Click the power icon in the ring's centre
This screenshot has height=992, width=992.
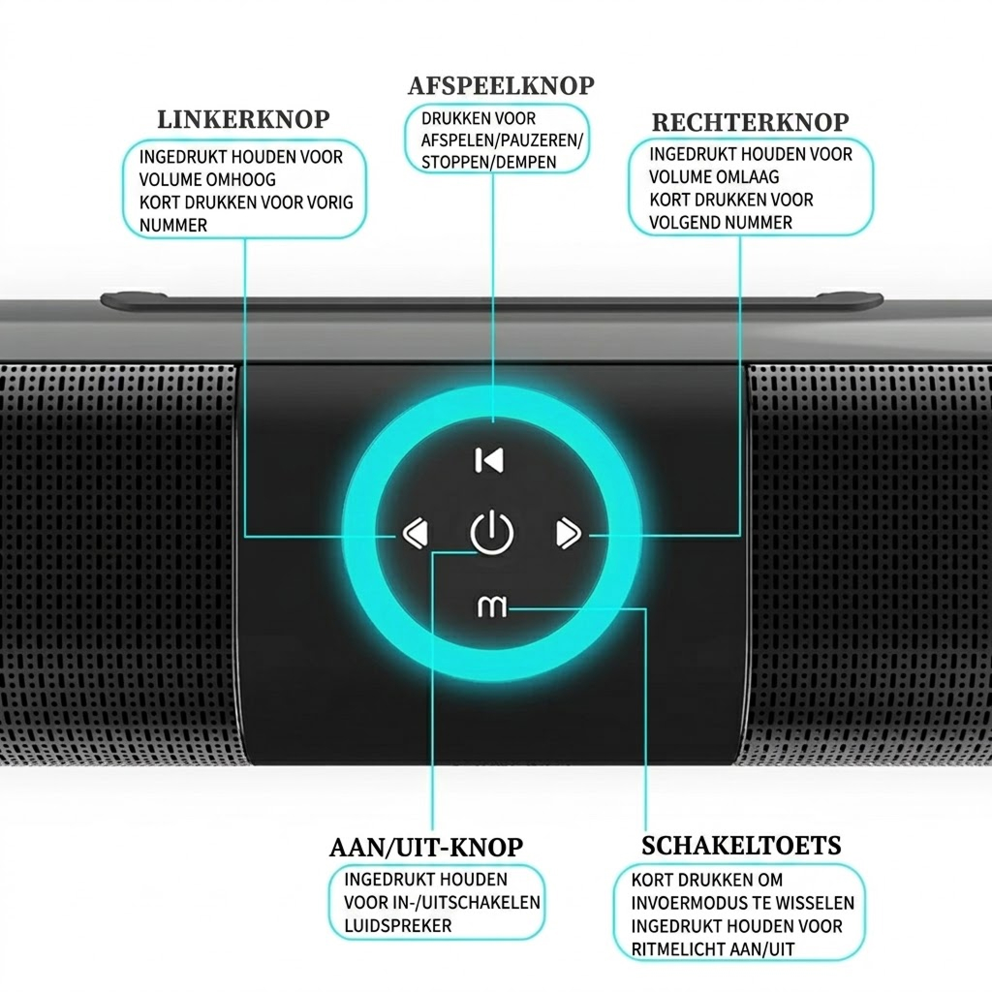coord(491,534)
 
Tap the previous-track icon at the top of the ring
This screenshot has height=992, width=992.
coord(489,460)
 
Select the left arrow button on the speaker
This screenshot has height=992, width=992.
coord(415,534)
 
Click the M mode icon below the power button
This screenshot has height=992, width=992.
coord(491,606)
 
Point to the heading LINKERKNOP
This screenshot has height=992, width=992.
coord(243,119)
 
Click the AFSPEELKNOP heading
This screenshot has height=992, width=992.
coord(501,86)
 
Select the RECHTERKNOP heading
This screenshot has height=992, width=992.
coord(751,123)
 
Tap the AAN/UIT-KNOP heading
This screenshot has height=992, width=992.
coord(426,848)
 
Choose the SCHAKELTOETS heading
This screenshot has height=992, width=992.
coord(741,846)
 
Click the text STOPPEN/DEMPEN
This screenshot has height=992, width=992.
coord(489,163)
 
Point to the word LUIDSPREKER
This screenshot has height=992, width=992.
coord(398,925)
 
